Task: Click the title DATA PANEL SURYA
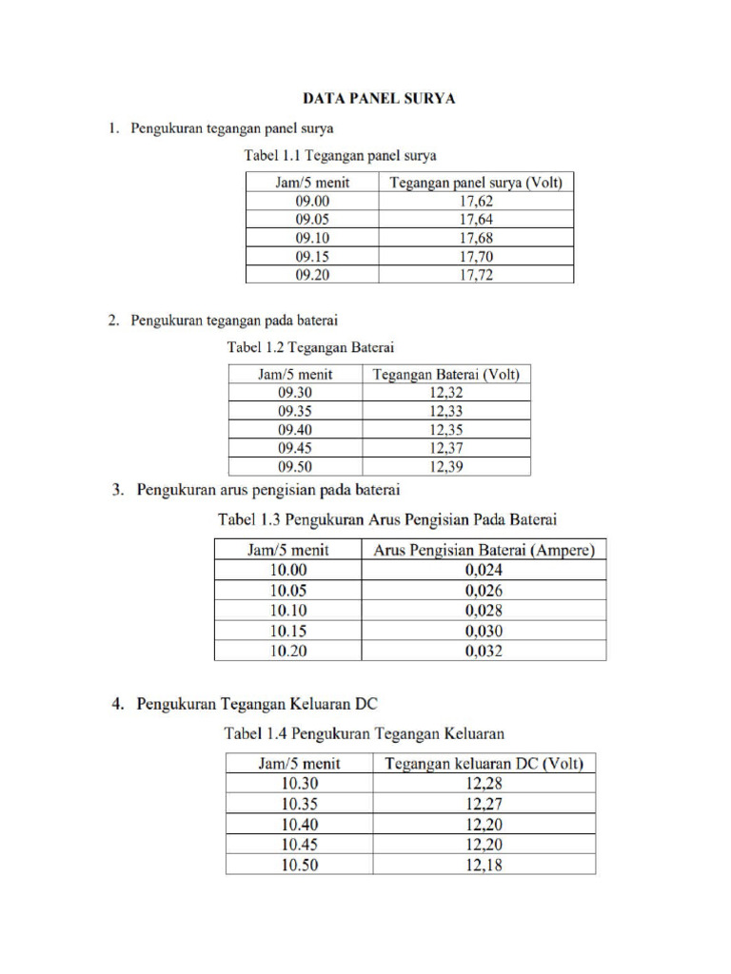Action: (378, 98)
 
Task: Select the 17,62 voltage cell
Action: (476, 201)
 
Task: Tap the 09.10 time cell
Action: (312, 238)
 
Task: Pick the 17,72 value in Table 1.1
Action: (476, 275)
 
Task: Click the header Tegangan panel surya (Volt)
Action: (476, 183)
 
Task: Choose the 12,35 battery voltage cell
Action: (446, 430)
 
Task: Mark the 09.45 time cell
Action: (296, 448)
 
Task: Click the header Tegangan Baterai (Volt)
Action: (446, 375)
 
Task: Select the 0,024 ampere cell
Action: (484, 571)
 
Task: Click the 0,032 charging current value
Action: (484, 652)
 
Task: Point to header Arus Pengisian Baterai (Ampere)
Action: (484, 550)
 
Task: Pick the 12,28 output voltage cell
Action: (484, 784)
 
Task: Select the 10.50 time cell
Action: (300, 865)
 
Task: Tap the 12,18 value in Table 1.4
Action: (484, 865)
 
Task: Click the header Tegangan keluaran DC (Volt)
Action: (484, 763)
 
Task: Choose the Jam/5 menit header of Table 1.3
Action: (288, 550)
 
